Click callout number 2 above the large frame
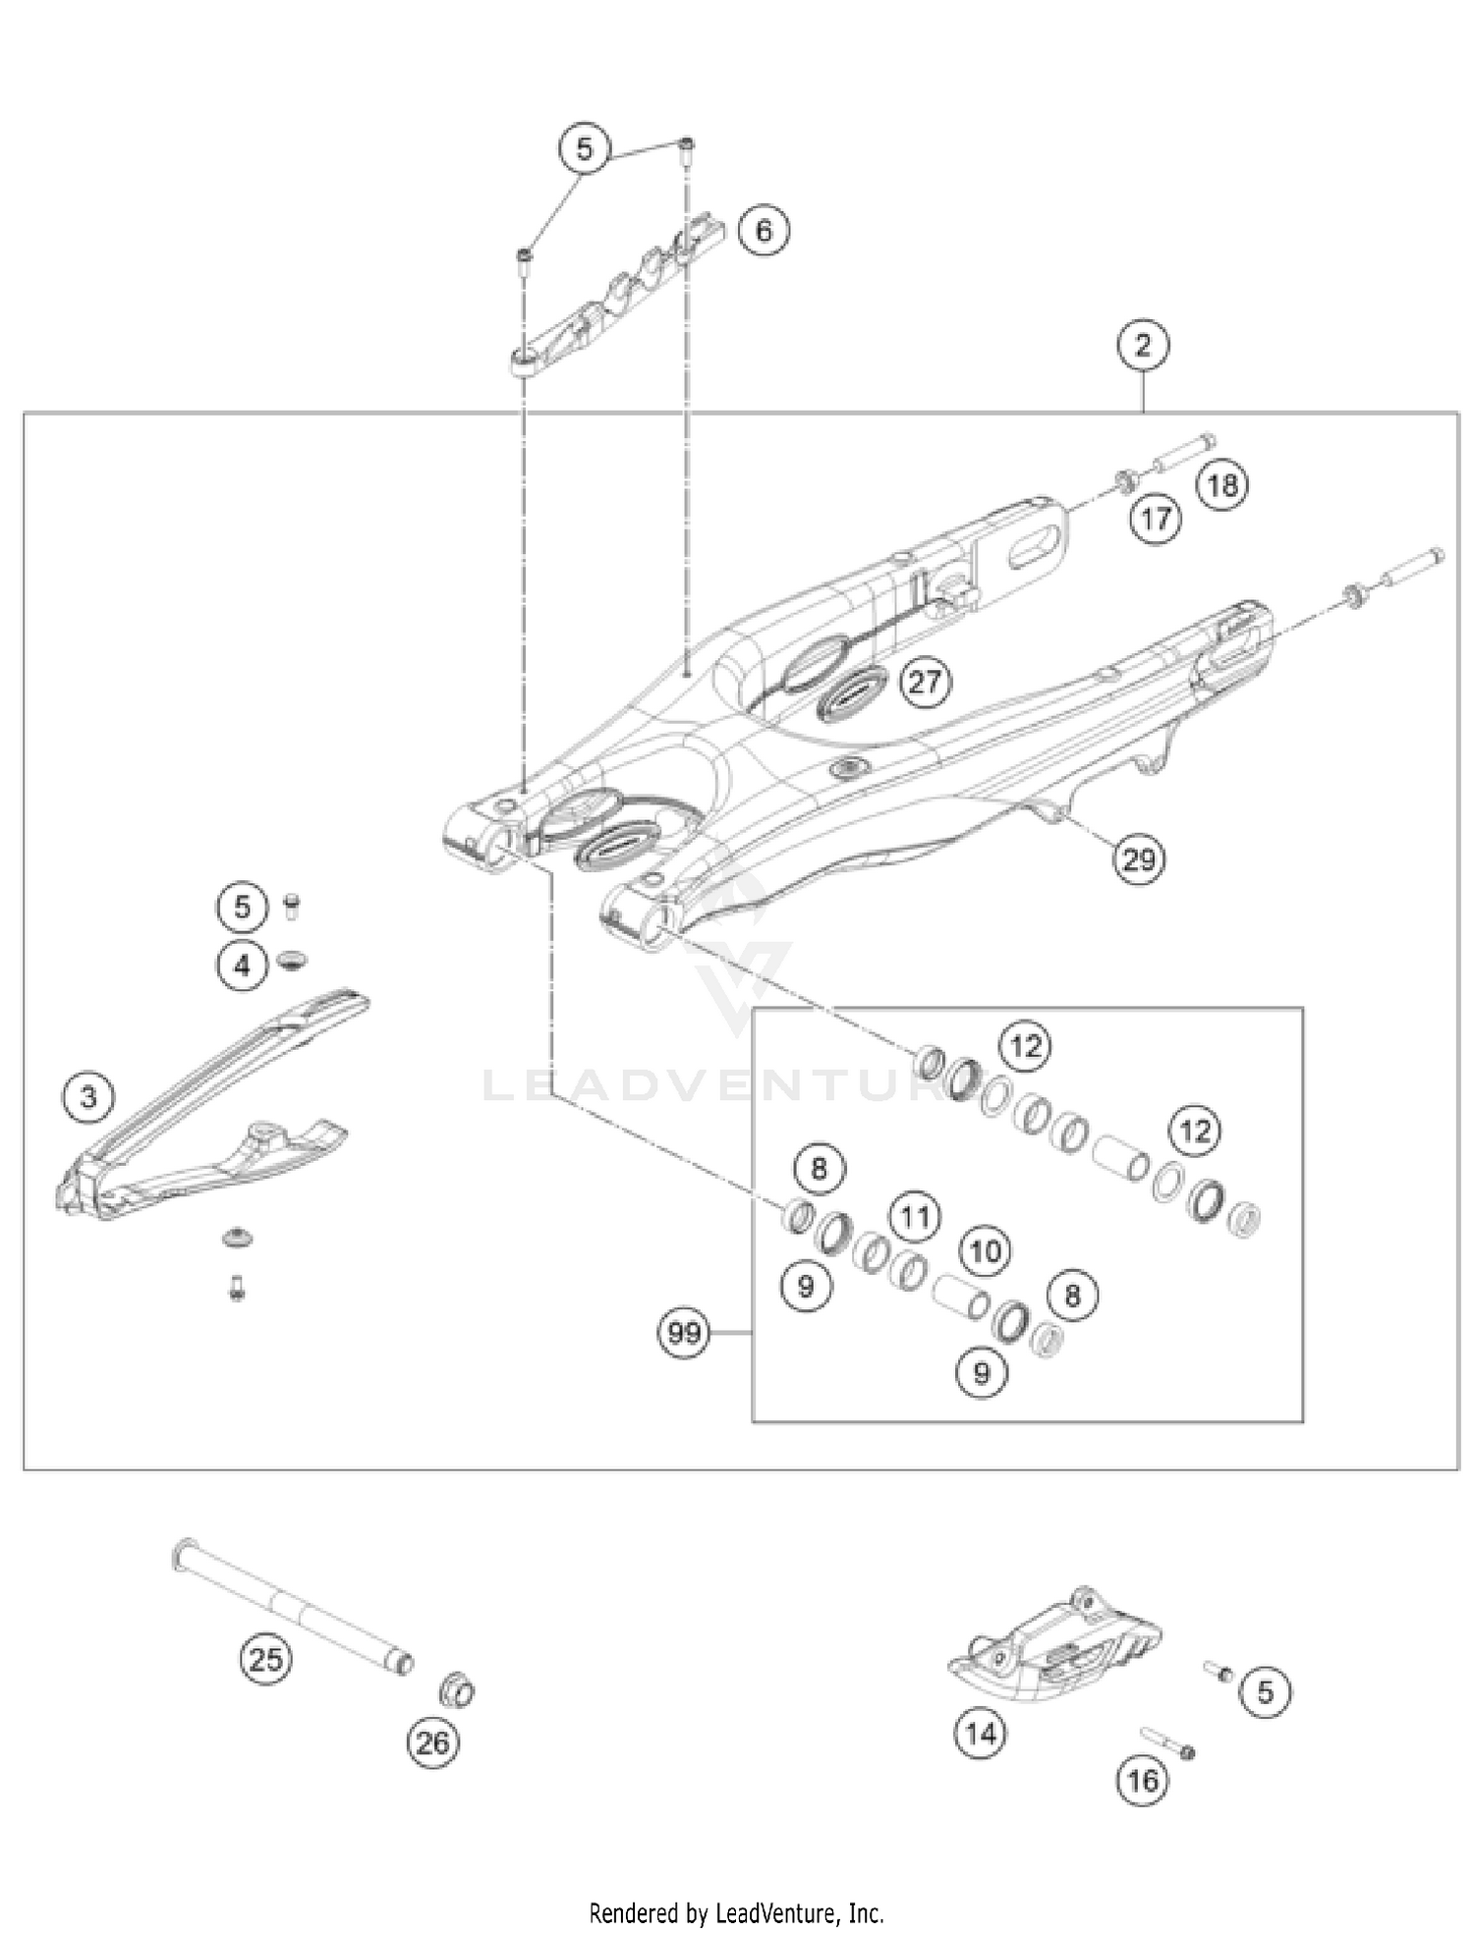coord(1142,346)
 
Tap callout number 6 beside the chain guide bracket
coord(764,230)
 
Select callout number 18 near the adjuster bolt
coord(1222,484)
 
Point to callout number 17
coord(1156,518)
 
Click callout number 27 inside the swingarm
coord(925,681)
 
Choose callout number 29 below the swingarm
coord(1139,859)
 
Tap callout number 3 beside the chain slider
coord(88,1095)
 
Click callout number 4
coord(242,966)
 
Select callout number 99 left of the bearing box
coord(684,1333)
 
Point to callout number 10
coord(985,1250)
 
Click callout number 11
coord(915,1218)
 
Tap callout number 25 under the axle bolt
coord(265,1659)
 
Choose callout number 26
coord(432,1742)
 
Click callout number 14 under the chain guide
coord(981,1734)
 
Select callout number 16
coord(1143,1780)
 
